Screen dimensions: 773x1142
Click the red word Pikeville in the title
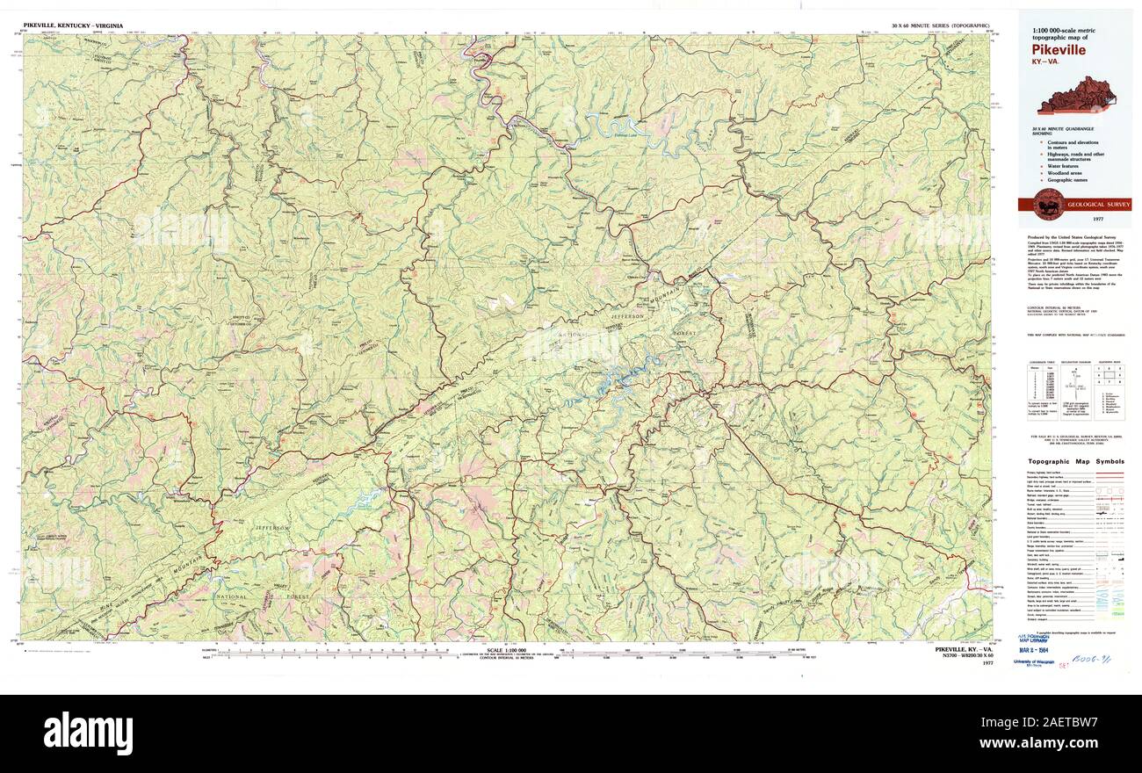[1059, 50]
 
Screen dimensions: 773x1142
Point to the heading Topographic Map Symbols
[1076, 461]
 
